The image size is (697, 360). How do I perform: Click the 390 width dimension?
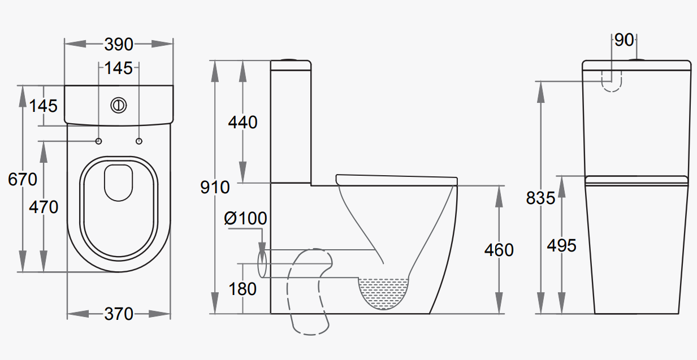119,44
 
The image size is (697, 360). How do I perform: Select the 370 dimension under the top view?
119,313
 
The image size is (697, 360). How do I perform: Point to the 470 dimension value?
44,207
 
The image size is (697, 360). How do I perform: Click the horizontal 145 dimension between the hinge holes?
119,68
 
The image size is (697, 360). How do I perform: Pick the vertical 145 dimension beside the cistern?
44,106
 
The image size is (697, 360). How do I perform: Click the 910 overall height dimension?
215,187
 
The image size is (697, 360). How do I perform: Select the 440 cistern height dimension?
243,122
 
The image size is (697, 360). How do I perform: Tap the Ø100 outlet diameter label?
245,219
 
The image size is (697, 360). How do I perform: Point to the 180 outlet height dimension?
243,289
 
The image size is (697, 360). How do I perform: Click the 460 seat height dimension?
499,250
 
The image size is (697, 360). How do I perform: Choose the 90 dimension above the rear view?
624,40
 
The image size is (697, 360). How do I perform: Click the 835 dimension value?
540,198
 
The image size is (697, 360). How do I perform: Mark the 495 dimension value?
561,245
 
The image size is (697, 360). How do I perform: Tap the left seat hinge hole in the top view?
99,141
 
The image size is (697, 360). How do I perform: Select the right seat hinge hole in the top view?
139,141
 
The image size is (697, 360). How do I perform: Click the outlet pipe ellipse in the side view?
262,264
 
